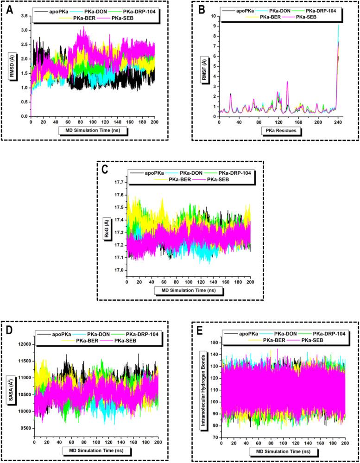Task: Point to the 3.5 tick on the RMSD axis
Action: click(x=23, y=16)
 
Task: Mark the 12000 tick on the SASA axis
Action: click(x=24, y=344)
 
